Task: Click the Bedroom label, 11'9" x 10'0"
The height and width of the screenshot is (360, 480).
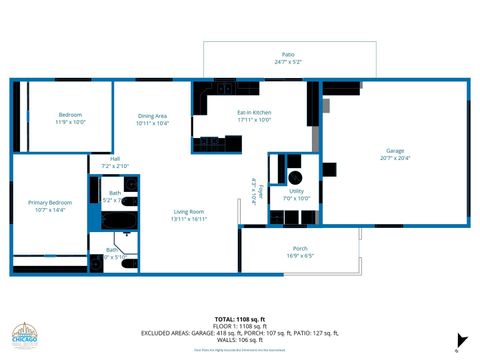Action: pos(71,114)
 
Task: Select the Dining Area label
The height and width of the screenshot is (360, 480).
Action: pos(153,115)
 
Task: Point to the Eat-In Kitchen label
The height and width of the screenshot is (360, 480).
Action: pos(254,112)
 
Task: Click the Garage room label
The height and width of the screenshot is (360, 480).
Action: pos(395,150)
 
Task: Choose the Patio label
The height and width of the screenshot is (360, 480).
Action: pos(288,54)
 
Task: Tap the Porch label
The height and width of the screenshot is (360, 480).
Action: pos(300,248)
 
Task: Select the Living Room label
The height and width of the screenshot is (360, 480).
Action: pos(189,211)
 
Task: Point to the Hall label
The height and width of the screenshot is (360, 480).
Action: pos(115,158)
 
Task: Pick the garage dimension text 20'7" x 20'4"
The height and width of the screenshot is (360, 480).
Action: pos(395,158)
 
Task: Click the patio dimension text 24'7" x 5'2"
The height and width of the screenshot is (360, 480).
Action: pos(288,62)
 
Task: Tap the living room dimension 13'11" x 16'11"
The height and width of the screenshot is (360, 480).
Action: pos(189,219)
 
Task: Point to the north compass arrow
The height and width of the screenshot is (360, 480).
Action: pos(461,339)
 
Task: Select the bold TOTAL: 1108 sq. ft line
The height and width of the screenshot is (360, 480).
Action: pos(239,319)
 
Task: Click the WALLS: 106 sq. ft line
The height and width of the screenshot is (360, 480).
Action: pos(239,340)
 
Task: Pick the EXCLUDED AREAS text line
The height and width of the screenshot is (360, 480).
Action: pos(239,333)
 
